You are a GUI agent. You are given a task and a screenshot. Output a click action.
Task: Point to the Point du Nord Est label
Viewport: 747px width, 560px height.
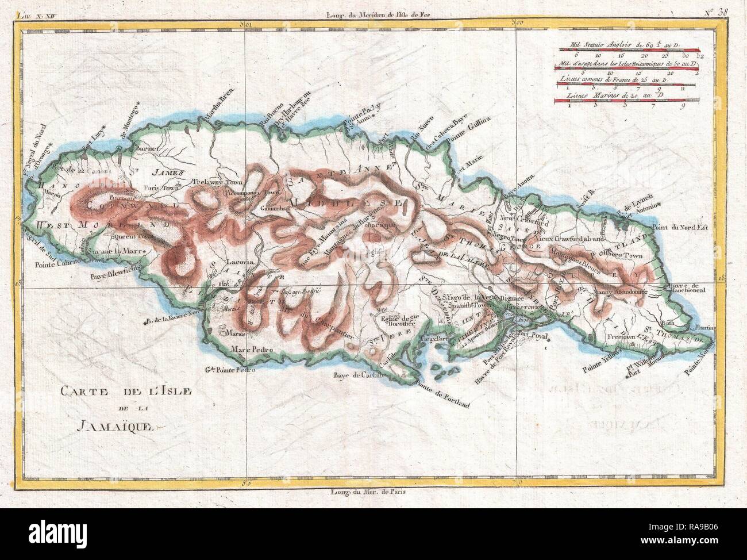688,228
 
